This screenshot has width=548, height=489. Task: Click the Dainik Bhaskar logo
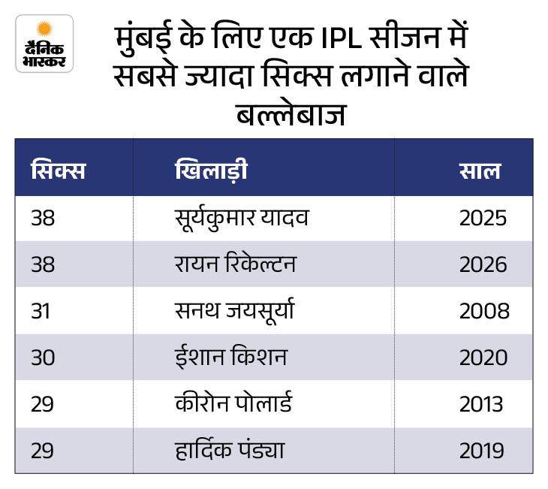point(44,44)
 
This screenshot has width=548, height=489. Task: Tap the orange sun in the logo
point(44,29)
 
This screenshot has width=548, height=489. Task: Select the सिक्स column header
point(58,170)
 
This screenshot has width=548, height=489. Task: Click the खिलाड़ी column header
point(211,170)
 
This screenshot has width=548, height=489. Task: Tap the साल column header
point(480,171)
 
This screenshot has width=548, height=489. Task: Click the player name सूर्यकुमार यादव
point(242,219)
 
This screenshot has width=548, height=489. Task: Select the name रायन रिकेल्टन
point(235,264)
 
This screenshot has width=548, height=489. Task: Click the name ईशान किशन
point(231,357)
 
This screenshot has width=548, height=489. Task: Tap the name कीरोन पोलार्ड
point(233,403)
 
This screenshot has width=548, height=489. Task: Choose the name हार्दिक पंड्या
point(230,449)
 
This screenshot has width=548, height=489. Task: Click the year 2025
point(483,218)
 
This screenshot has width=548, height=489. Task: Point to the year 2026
point(483,264)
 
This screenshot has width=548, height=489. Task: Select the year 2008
point(484,311)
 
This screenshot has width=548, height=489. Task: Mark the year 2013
point(481,404)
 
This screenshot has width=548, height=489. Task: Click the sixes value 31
point(41,311)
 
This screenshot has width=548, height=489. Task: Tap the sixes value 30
point(43,358)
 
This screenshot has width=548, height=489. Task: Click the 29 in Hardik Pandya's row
point(42,451)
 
